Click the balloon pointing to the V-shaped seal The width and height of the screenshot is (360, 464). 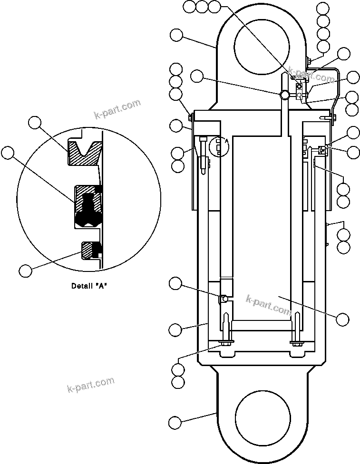click(x=35, y=123)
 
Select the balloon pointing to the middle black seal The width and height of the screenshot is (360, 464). click(x=8, y=153)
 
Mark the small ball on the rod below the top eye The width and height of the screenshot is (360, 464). click(x=284, y=95)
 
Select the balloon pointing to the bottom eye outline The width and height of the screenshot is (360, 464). click(x=175, y=422)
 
